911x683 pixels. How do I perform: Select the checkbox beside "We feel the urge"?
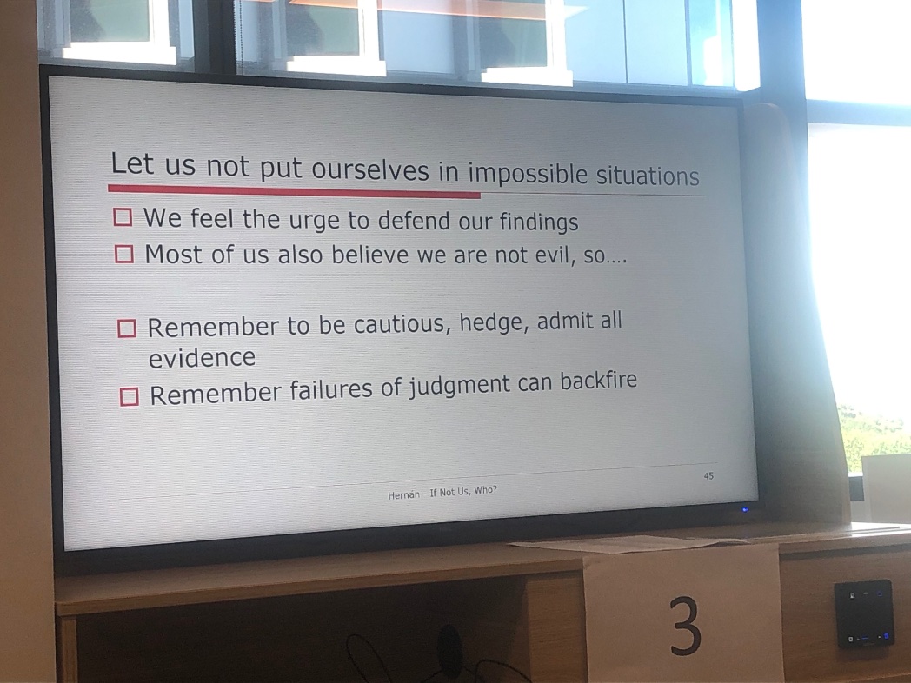[123, 217]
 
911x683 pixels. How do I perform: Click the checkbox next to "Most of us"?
[124, 254]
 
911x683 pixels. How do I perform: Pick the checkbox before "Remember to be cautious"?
[127, 328]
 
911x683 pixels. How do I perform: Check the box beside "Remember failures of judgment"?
[130, 396]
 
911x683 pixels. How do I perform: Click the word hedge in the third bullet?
[495, 323]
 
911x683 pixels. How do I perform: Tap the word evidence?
[202, 357]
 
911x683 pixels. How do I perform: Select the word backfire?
[598, 381]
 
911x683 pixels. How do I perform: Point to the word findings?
[538, 222]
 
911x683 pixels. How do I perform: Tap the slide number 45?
[708, 475]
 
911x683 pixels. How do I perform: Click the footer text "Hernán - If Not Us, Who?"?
[442, 492]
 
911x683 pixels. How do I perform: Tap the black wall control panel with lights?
[863, 613]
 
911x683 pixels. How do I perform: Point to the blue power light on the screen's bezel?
[745, 509]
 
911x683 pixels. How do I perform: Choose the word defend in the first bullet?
[418, 221]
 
